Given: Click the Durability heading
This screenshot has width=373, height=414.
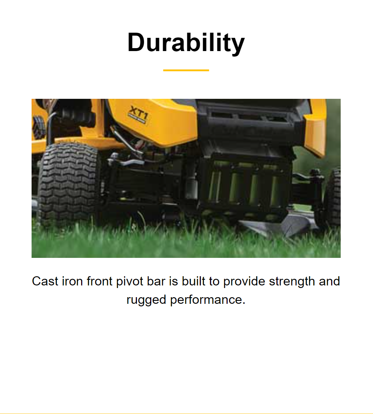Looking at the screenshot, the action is (x=186, y=43).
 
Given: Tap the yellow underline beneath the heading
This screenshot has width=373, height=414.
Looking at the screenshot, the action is (x=186, y=70).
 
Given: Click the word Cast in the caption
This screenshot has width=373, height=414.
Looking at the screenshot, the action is (x=45, y=281).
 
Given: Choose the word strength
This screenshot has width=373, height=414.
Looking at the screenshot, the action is (x=292, y=282).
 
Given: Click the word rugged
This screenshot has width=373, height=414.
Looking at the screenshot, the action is (x=146, y=300).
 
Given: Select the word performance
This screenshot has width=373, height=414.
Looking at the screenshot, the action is (x=207, y=300).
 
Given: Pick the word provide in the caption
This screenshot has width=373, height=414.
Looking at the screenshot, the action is (x=244, y=282).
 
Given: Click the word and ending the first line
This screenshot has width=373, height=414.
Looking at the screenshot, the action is (x=329, y=281).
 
